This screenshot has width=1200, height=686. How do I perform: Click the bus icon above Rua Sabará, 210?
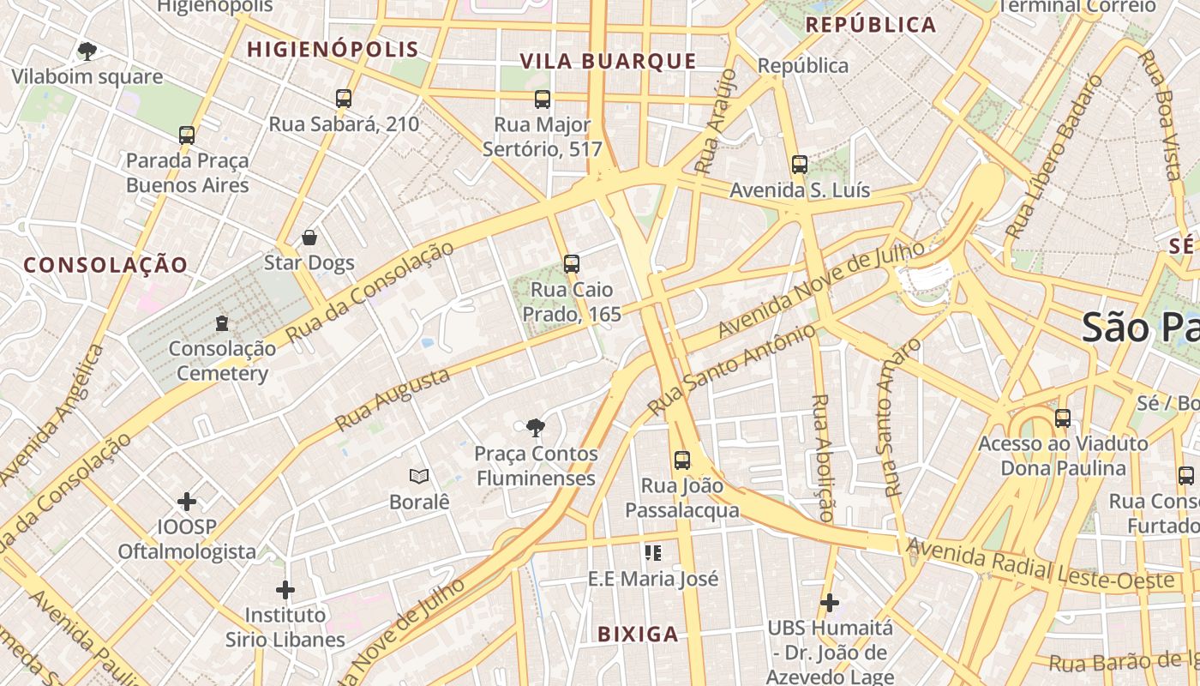click(x=344, y=99)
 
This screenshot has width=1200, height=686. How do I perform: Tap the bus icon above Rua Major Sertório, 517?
click(x=543, y=99)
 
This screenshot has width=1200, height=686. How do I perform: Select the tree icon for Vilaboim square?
click(x=87, y=51)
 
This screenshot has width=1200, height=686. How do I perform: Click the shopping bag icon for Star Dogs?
click(x=309, y=238)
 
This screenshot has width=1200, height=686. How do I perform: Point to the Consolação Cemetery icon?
click(x=222, y=323)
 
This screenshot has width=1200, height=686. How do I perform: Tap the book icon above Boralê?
click(x=419, y=476)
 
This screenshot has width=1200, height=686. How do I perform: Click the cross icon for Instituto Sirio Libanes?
click(x=285, y=590)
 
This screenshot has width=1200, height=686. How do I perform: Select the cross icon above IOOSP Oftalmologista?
click(x=187, y=501)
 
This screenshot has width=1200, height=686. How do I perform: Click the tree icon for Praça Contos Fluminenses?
click(x=536, y=428)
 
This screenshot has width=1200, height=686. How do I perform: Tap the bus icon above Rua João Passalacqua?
click(x=682, y=460)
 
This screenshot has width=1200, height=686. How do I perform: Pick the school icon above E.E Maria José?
click(x=653, y=553)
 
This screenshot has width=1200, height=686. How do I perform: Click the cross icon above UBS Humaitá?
click(x=830, y=603)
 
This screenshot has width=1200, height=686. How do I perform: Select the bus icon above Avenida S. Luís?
click(x=800, y=165)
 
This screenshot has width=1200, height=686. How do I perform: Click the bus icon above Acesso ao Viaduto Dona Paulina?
click(x=1063, y=418)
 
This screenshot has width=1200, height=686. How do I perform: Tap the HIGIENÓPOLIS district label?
click(x=333, y=50)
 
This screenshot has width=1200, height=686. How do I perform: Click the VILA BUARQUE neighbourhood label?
click(x=609, y=61)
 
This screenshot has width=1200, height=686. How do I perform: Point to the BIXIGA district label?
click(x=638, y=635)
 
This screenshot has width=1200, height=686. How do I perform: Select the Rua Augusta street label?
click(x=393, y=400)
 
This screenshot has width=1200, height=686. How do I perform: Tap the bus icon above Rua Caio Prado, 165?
click(x=572, y=264)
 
